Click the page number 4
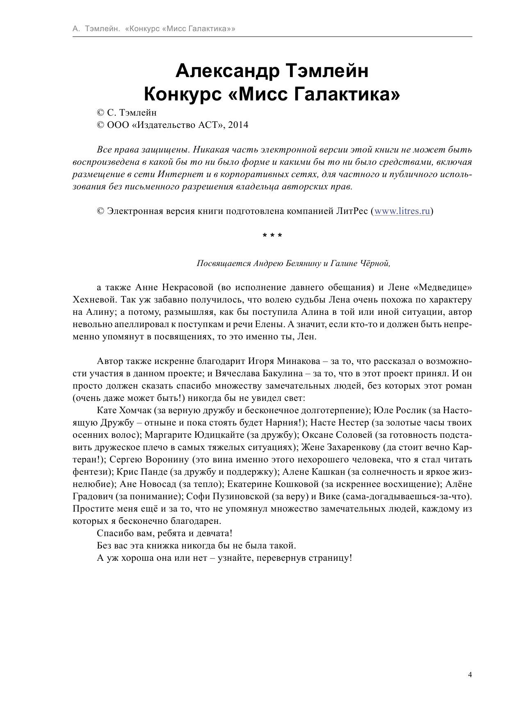(470, 676)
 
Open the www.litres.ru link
(402, 212)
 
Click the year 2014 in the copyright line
(238, 125)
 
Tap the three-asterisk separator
(272, 236)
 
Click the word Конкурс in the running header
(144, 29)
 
